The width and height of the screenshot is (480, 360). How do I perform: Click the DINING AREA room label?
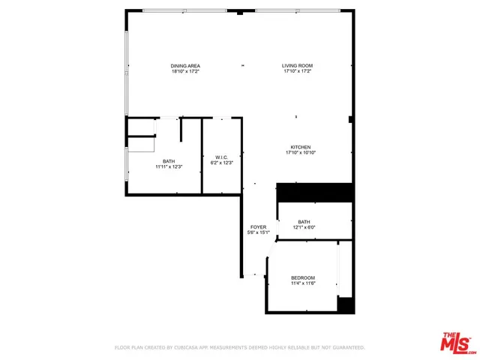[185, 66]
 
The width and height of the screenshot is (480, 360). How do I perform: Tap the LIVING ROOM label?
[297, 66]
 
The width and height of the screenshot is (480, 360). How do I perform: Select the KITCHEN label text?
[301, 147]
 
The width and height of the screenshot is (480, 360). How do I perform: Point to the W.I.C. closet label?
[222, 157]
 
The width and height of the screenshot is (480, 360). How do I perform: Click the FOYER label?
[258, 226]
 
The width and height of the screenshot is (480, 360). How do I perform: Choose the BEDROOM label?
[303, 277]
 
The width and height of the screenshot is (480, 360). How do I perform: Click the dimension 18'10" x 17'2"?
[185, 72]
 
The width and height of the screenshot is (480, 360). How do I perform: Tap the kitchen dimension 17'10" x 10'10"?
[301, 153]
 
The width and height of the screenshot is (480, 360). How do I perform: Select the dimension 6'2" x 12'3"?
[222, 163]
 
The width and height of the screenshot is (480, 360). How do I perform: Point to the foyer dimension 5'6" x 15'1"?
[258, 232]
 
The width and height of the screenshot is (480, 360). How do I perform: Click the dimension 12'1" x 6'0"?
[304, 227]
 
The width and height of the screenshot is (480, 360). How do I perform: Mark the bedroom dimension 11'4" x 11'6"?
[303, 283]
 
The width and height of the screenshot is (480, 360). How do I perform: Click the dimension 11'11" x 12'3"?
[169, 166]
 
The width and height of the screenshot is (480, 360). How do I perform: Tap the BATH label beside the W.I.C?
[169, 160]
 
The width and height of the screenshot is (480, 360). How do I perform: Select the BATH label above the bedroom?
[304, 221]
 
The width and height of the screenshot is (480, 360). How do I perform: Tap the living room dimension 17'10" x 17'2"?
[297, 72]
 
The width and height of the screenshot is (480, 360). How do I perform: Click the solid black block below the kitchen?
[315, 192]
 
